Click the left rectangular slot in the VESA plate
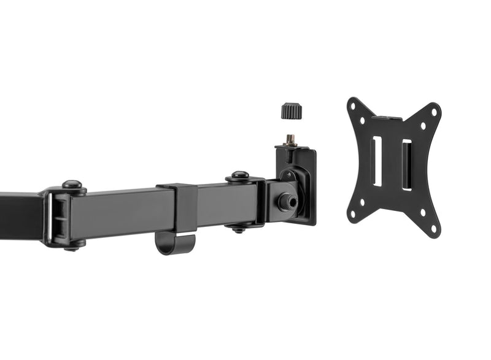coord(377,161)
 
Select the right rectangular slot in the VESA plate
coord(406,164)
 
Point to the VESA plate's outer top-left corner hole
coord(354,105)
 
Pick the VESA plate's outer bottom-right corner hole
coord(433,228)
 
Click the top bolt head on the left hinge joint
coord(72,184)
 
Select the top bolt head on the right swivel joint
coord(239,175)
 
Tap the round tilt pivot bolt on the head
coord(285,201)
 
